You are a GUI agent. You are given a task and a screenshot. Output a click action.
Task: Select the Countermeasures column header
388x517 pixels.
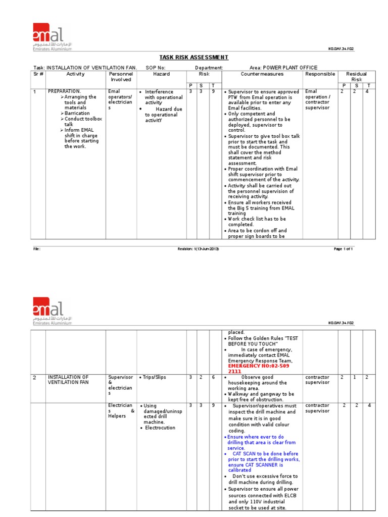tap(262, 74)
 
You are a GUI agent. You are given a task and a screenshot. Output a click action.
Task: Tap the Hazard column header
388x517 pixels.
tap(162, 74)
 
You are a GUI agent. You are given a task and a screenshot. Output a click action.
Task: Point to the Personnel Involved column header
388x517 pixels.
tap(121, 77)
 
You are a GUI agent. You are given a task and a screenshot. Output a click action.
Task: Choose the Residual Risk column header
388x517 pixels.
tap(356, 77)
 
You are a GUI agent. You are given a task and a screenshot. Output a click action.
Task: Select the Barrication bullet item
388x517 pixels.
tap(77, 114)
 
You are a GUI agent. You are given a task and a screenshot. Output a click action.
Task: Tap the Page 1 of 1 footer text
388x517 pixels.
tap(343, 249)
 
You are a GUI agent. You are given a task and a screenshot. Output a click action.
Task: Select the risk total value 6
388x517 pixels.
tap(214, 377)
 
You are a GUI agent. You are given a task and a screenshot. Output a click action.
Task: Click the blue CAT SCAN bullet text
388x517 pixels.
tap(263, 459)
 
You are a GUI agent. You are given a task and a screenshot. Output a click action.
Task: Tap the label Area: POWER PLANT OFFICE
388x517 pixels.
tap(283, 68)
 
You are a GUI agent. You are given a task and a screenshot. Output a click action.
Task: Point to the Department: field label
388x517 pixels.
tap(209, 68)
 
